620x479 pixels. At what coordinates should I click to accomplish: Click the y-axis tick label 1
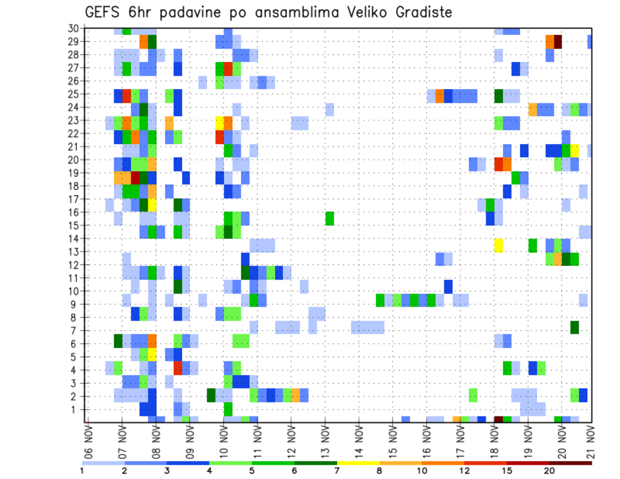[x=76, y=409]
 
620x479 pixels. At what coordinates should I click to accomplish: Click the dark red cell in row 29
[x=558, y=42]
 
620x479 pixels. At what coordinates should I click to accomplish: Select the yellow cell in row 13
[x=499, y=245]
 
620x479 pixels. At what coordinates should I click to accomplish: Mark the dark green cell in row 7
[x=575, y=327]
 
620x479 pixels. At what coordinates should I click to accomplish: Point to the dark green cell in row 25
[x=499, y=96]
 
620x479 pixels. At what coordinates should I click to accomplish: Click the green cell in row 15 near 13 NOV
[x=329, y=218]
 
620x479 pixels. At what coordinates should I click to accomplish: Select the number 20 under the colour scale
[x=550, y=471]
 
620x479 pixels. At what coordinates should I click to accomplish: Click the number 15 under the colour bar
[x=507, y=471]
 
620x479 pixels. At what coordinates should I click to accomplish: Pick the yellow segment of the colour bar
[x=358, y=463]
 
